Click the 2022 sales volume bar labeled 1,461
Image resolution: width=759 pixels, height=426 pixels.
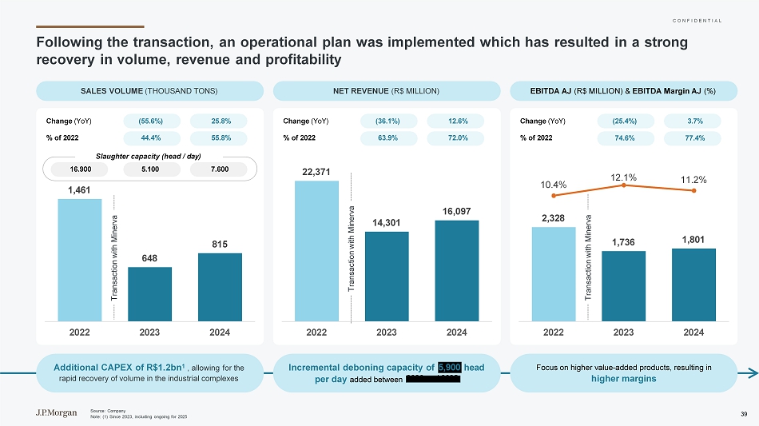(x=79, y=259)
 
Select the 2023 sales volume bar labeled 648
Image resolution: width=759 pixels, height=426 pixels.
(x=149, y=293)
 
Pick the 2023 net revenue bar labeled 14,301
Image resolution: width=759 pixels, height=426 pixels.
(x=387, y=276)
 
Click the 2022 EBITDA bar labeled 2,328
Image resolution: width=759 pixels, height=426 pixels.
(x=554, y=273)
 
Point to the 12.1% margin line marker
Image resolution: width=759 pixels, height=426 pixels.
(x=623, y=185)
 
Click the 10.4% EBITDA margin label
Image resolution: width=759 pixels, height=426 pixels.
(x=553, y=185)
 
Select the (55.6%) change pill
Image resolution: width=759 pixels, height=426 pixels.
(x=151, y=121)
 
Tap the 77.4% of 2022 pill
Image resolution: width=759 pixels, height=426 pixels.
(x=693, y=137)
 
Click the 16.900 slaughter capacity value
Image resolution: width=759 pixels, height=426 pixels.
(x=79, y=169)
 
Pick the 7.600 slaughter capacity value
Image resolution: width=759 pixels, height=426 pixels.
(x=220, y=169)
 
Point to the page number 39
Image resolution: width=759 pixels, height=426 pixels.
(x=744, y=413)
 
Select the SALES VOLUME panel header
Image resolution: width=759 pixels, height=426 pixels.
(x=150, y=91)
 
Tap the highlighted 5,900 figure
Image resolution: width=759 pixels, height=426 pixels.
(x=448, y=367)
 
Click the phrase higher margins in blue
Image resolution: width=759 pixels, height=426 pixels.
(x=624, y=378)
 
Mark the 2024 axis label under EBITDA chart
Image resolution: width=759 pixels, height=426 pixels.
(x=693, y=331)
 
